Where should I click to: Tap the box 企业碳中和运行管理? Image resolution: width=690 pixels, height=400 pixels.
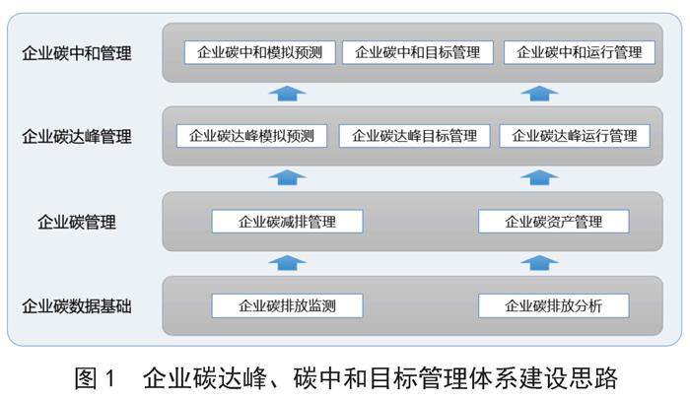point(579,52)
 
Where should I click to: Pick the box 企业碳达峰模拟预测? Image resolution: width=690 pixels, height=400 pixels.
point(251,136)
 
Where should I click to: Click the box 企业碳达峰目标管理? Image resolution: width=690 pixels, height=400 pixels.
point(414,136)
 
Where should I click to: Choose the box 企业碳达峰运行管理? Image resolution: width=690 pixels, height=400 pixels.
point(575,136)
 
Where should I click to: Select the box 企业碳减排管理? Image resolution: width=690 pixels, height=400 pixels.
point(287,222)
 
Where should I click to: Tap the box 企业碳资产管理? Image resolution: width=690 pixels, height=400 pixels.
point(553,222)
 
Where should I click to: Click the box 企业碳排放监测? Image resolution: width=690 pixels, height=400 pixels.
point(287,305)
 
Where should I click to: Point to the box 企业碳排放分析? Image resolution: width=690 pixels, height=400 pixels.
point(553,305)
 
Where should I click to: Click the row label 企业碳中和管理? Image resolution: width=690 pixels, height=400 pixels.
point(77,52)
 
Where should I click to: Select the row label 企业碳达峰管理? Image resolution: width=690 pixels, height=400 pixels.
point(77,136)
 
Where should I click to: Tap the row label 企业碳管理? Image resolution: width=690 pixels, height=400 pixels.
point(77,222)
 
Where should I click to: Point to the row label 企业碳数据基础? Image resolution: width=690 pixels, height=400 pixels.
point(77,305)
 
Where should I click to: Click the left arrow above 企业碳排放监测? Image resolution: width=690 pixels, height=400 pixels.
point(287,262)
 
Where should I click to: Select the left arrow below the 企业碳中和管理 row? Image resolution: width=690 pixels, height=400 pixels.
point(287,93)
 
